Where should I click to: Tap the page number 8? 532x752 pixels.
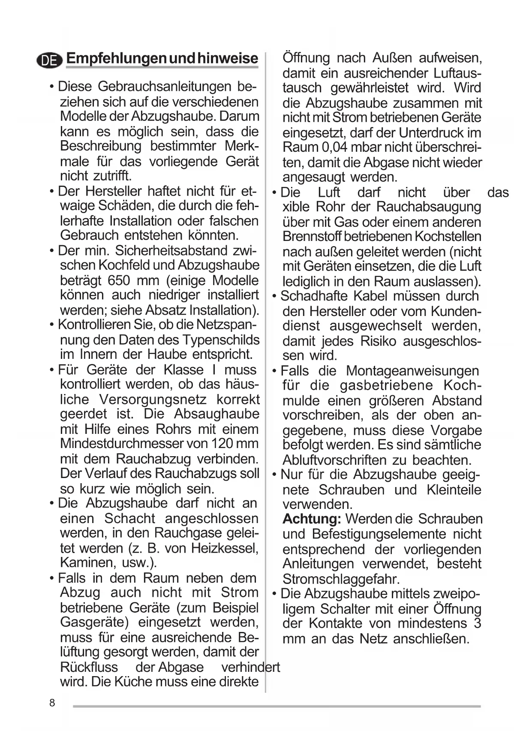tap(52, 703)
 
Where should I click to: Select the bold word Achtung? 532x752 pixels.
tap(312, 519)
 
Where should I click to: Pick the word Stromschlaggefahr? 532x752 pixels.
tap(341, 579)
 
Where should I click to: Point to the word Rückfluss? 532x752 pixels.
tap(89, 667)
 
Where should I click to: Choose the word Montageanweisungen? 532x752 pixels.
tap(412, 370)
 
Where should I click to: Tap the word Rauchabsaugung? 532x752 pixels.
tap(429, 207)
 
